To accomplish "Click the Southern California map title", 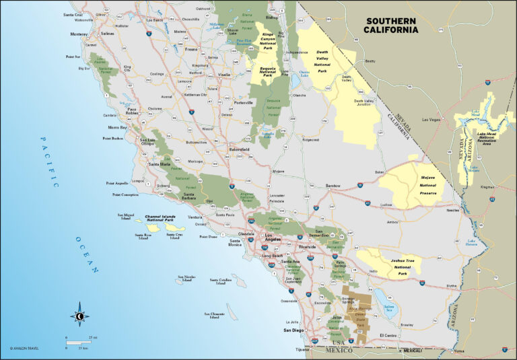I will click(390, 25).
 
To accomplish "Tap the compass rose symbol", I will click(79, 315).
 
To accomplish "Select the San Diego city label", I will click(294, 330).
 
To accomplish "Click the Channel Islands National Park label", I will click(149, 218).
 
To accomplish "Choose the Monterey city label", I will click(79, 34).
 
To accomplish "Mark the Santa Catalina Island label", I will click(220, 281).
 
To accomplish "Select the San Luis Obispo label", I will click(147, 143).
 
